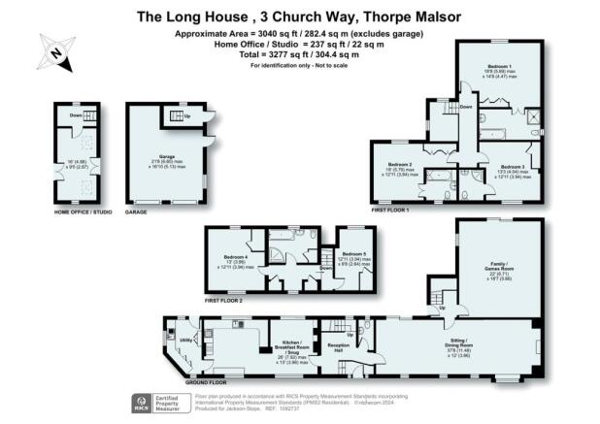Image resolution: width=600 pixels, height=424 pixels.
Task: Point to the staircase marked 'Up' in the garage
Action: click(179, 118)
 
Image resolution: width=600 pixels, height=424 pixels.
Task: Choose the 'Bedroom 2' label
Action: click(401, 165)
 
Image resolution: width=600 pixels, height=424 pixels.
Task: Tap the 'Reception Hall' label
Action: click(339, 344)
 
